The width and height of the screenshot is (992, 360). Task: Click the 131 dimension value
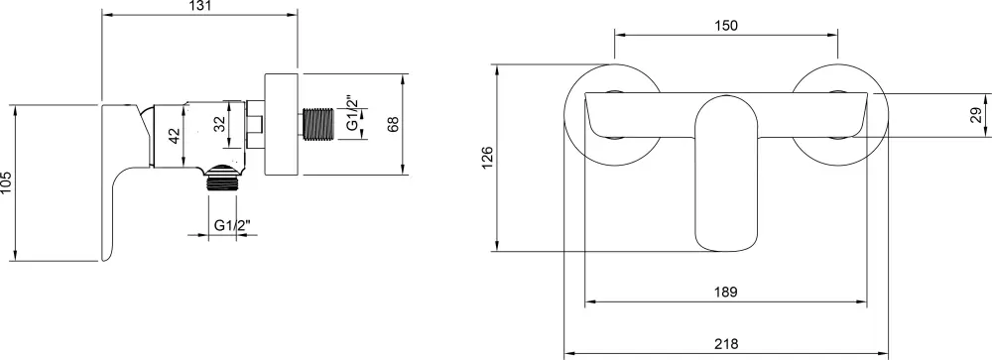199,6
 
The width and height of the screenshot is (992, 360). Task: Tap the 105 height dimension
6,182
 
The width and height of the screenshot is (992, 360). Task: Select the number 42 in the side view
175,136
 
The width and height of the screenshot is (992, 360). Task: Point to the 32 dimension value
218,124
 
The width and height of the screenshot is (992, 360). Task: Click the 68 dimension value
394,124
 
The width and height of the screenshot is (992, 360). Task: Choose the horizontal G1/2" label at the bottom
232,224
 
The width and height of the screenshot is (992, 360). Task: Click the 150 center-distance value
726,26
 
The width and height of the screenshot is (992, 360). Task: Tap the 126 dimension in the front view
487,158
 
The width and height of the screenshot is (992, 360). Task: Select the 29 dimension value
976,114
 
